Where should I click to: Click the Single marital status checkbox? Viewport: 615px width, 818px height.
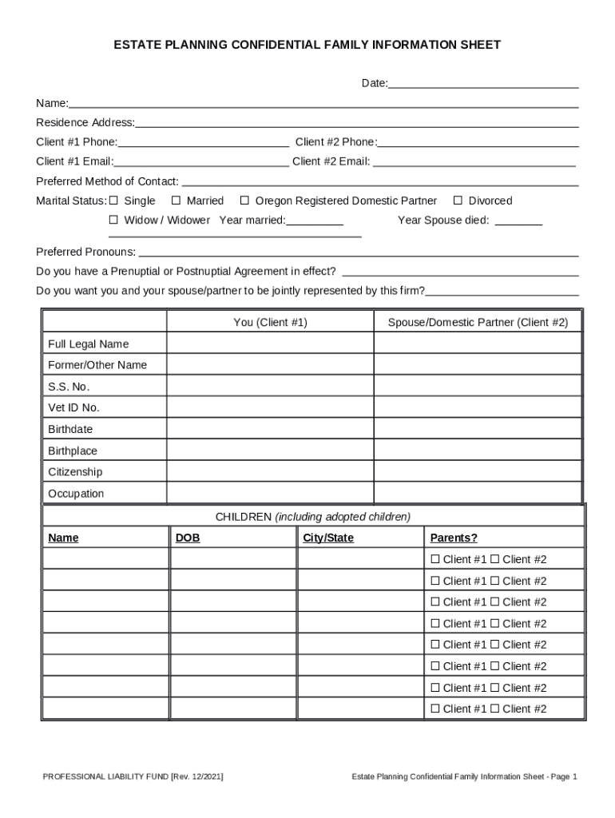point(113,201)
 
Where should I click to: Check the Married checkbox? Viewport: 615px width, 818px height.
point(177,201)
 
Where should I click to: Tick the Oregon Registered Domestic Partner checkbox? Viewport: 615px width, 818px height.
point(245,201)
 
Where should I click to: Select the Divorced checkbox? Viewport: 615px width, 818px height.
point(458,201)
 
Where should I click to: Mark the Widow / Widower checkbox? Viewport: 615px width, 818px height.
point(113,220)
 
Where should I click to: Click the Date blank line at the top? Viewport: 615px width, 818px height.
point(483,84)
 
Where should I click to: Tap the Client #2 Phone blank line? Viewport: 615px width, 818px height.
point(478,143)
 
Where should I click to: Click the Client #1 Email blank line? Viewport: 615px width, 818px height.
point(200,162)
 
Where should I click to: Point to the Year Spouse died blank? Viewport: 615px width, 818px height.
point(518,221)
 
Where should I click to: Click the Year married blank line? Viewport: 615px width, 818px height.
point(315,221)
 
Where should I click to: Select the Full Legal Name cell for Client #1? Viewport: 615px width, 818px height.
point(270,343)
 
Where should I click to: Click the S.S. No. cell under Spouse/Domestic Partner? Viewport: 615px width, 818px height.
point(478,387)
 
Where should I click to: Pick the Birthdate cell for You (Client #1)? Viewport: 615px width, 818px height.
point(270,429)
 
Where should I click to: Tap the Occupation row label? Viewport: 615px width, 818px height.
point(76,494)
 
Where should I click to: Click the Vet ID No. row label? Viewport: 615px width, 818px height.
point(73,407)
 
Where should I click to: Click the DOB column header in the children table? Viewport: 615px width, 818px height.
point(188,538)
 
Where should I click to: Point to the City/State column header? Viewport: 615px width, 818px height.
point(328,538)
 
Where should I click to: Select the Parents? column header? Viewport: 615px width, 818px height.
point(454,538)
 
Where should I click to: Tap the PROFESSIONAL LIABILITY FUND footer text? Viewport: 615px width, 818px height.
point(133,776)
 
